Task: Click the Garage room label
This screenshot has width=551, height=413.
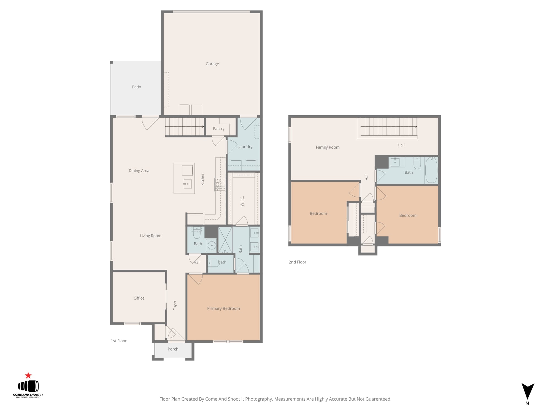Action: tap(212, 64)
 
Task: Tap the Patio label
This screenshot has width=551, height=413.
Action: tap(136, 87)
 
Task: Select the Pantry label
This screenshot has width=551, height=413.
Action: tap(218, 129)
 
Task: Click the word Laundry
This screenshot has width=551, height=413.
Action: tap(245, 147)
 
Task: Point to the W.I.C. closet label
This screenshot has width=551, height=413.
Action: tap(242, 201)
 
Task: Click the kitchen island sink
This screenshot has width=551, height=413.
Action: tap(187, 184)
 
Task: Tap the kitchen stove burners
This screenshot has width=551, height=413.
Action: tap(220, 184)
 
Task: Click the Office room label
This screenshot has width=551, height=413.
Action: tap(139, 298)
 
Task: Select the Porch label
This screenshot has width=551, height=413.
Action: tap(173, 349)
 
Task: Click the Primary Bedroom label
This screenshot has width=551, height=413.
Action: tap(223, 309)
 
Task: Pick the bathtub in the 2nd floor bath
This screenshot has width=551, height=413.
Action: tap(431, 170)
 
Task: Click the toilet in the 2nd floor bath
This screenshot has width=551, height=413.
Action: tap(417, 163)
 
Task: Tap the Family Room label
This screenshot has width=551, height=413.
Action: tap(328, 147)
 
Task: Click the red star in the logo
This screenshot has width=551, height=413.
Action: tap(28, 376)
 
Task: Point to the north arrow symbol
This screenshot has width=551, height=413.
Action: tap(528, 391)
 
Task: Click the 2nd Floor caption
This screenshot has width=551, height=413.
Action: tap(297, 262)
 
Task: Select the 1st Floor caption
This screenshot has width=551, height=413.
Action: tap(118, 341)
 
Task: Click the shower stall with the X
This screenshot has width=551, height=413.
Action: tap(225, 240)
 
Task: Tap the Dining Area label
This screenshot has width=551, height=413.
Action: tap(139, 171)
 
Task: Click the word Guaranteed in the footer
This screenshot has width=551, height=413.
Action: tap(378, 399)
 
